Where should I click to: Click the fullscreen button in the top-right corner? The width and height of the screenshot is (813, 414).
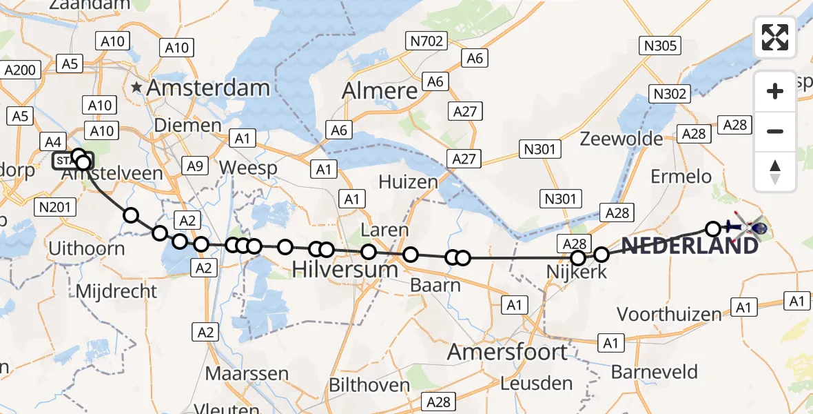775,37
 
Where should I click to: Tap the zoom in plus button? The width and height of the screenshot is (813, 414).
775,91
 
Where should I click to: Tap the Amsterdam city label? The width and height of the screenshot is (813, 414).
208,88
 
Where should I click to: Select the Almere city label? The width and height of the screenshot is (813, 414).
380,90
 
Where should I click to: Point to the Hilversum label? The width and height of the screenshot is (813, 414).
345,268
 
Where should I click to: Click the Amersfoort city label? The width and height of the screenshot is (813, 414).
508,352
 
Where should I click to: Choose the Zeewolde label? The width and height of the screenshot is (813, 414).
621,138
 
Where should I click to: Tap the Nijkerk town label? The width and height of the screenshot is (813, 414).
577,272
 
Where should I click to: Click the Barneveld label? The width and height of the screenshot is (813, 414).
655,372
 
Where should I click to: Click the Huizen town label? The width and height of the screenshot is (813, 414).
408,182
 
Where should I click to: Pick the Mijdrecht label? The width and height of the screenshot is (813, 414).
116,290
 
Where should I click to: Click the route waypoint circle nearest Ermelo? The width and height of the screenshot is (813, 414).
713,228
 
